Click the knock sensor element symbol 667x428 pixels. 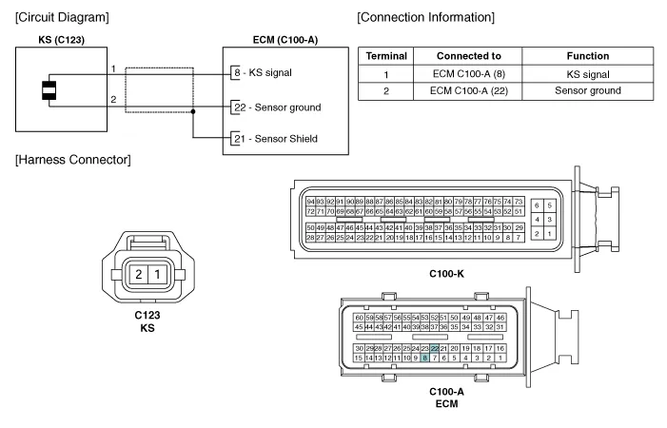click(x=46, y=89)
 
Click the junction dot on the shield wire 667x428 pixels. click(x=193, y=112)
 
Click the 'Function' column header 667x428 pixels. click(x=586, y=56)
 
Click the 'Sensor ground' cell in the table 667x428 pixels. click(x=586, y=90)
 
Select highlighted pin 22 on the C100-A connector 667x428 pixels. click(x=434, y=349)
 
